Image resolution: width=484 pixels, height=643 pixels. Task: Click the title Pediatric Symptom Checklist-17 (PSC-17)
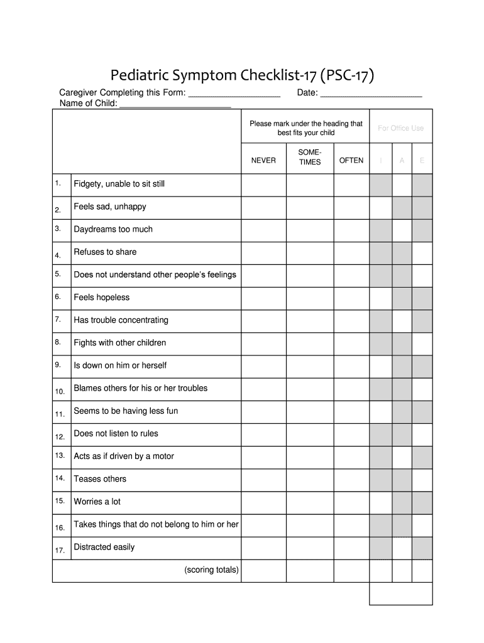pyautogui.click(x=243, y=76)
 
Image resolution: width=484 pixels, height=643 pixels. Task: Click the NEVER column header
pyautogui.click(x=263, y=161)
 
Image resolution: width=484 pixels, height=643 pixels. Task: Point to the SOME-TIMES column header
pyautogui.click(x=310, y=157)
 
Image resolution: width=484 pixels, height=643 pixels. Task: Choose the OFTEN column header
pyautogui.click(x=351, y=161)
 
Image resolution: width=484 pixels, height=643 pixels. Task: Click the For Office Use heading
pyautogui.click(x=400, y=128)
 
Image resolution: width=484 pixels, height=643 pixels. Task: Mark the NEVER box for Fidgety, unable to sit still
pyautogui.click(x=263, y=185)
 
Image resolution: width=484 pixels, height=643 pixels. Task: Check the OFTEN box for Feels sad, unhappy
pyautogui.click(x=351, y=207)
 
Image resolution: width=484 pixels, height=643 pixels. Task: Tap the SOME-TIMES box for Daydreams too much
pyautogui.click(x=310, y=230)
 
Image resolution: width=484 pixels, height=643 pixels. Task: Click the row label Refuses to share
pyautogui.click(x=105, y=252)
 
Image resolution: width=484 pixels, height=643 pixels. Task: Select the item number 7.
pyautogui.click(x=58, y=320)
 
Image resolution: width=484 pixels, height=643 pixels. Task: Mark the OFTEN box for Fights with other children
pyautogui.click(x=351, y=343)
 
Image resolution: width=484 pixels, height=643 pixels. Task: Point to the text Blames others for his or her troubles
pyautogui.click(x=141, y=388)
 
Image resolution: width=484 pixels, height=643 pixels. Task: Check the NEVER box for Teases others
pyautogui.click(x=263, y=479)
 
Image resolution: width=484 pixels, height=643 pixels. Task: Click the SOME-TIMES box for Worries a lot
pyautogui.click(x=310, y=502)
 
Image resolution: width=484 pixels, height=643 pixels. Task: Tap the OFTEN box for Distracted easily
pyautogui.click(x=351, y=548)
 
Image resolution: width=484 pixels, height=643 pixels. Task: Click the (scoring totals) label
pyautogui.click(x=211, y=570)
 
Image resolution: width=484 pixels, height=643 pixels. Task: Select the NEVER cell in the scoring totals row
pyautogui.click(x=263, y=571)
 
